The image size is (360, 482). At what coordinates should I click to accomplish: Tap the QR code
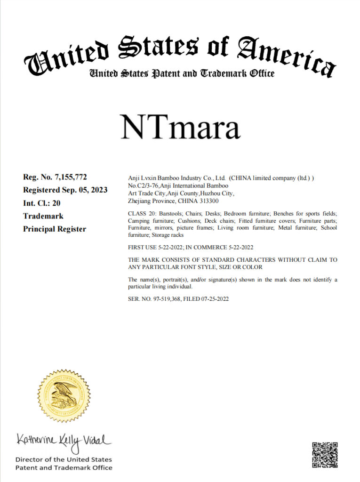(x=325, y=455)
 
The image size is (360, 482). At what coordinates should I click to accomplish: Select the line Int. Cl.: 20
(x=42, y=203)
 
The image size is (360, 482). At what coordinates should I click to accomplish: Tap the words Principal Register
(x=55, y=229)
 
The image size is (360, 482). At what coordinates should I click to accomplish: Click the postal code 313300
(x=209, y=201)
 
